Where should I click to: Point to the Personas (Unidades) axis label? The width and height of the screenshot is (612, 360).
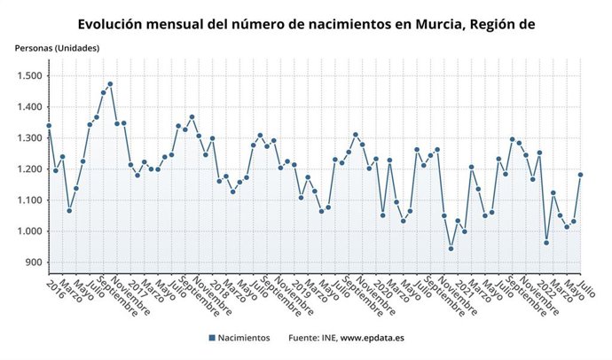[57, 48]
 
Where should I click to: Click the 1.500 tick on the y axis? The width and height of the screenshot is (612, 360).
[29, 76]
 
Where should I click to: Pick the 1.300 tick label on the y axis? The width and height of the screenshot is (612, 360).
[29, 138]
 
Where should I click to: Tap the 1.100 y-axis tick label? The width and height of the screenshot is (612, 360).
[29, 200]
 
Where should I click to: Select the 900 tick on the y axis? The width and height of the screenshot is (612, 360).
[34, 262]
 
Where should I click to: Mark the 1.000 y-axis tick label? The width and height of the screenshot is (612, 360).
[29, 231]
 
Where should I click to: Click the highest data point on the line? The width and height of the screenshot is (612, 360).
[110, 84]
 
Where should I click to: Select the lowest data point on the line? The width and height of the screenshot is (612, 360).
[451, 248]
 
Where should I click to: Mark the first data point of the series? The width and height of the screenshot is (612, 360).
[49, 126]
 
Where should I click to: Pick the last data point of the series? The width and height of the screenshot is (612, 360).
[581, 175]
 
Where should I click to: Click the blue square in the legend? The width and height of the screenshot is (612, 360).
[213, 339]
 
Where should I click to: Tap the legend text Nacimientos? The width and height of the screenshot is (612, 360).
[246, 339]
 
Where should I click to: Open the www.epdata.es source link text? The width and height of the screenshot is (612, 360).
[373, 339]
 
